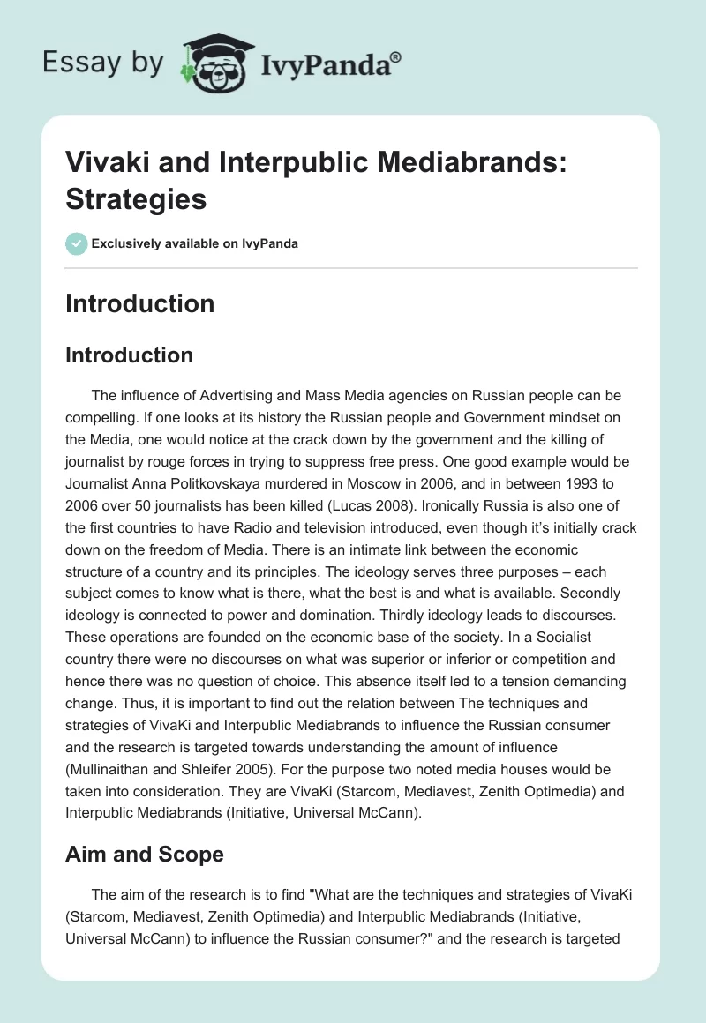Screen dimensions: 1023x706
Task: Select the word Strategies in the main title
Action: [x=136, y=199]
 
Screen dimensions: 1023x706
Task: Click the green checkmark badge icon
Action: [x=77, y=243]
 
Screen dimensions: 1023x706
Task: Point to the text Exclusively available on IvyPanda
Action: [x=194, y=243]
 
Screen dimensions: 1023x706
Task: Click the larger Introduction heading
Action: [x=139, y=303]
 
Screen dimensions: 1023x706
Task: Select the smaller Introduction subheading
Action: [x=129, y=355]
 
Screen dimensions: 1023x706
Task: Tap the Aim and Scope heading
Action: [x=144, y=855]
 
